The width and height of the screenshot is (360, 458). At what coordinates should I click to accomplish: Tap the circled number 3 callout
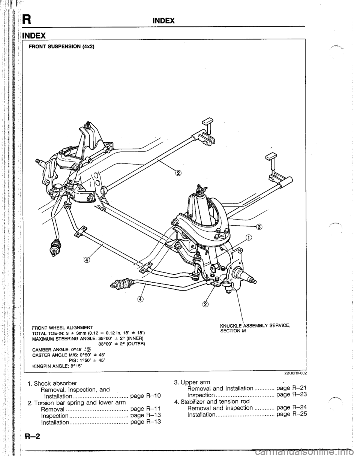pos(259,226)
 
